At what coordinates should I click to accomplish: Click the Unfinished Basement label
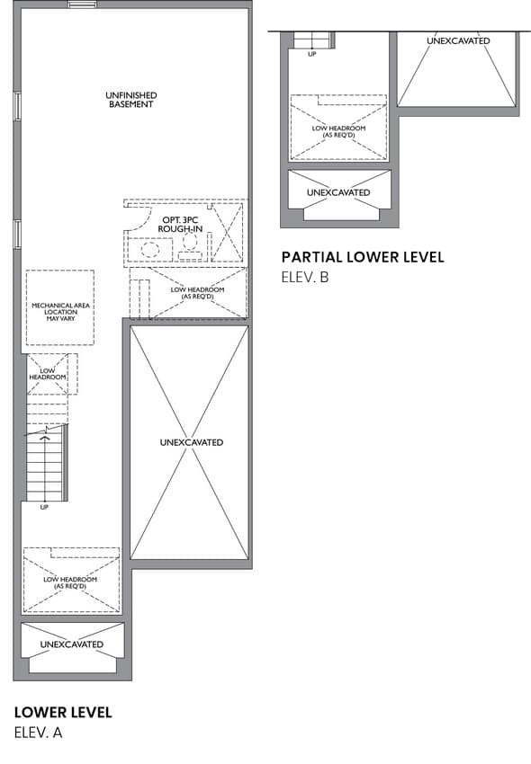point(130,100)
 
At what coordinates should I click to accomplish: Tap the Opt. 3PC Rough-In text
point(180,224)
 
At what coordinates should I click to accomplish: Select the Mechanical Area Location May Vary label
point(60,312)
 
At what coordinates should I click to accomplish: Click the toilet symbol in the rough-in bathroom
point(190,246)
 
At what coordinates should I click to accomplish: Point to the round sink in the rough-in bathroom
point(150,250)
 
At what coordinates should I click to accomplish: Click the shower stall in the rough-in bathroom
point(228,233)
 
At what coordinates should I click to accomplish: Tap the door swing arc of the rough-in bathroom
point(142,221)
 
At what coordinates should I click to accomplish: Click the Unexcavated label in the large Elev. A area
point(192,442)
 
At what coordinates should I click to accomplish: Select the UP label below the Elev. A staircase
point(44,507)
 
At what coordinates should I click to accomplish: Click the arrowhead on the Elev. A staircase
point(45,439)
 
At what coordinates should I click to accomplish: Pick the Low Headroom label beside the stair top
point(48,374)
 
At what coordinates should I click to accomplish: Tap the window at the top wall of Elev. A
point(83,4)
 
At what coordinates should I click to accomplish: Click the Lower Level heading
point(63,713)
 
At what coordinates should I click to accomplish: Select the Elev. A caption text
point(38,733)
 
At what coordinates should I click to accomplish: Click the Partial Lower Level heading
point(363,257)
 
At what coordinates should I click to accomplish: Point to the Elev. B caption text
point(305,277)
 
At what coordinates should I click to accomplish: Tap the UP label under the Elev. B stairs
point(312,54)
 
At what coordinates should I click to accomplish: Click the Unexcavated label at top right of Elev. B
point(458,41)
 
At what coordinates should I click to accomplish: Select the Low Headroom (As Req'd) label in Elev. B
point(338,131)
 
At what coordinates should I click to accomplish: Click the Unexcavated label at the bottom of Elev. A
point(72,644)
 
